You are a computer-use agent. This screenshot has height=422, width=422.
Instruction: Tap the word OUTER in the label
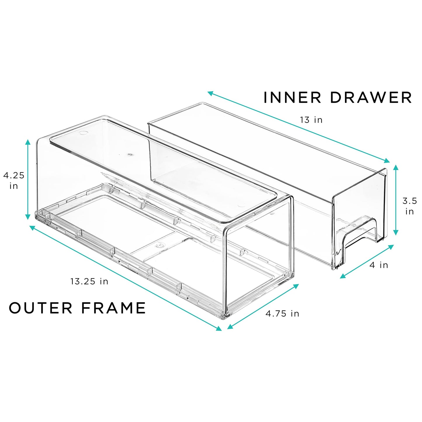(x=41, y=308)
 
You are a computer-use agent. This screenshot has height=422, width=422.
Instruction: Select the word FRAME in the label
(x=114, y=308)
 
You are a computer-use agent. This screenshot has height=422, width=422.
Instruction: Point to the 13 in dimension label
(x=311, y=120)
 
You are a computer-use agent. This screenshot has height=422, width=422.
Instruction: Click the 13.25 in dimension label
(x=89, y=281)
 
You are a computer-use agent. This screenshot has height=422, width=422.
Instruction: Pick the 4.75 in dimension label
(x=282, y=313)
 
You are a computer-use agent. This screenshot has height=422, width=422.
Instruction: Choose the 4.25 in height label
(x=13, y=180)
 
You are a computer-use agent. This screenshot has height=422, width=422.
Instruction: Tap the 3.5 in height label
(x=409, y=206)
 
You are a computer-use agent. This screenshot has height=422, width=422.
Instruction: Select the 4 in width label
(x=378, y=265)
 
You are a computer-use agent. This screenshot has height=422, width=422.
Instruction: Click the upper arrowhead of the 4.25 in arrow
(x=28, y=143)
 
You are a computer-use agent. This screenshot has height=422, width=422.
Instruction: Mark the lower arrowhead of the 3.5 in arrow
(x=396, y=232)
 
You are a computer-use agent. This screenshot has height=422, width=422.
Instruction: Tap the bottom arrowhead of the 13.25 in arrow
(x=218, y=328)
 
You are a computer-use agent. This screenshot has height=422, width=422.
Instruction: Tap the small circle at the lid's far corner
(x=84, y=133)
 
